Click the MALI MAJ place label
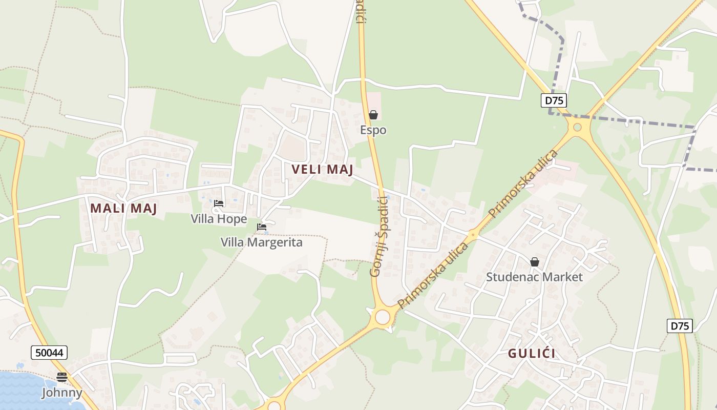[x=123, y=208]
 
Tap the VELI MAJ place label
[x=322, y=169]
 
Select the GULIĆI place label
[x=532, y=353]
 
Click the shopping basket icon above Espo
[x=373, y=115]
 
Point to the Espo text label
[x=373, y=130]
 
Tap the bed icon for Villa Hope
[x=219, y=204]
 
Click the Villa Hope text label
[x=219, y=219]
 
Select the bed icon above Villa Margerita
[x=262, y=227]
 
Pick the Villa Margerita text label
[x=262, y=242]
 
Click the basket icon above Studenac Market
[x=535, y=262]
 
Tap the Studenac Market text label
[x=534, y=277]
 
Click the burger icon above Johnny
[x=62, y=377]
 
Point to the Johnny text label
[x=62, y=393]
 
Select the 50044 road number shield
[x=49, y=353]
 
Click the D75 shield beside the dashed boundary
[x=554, y=100]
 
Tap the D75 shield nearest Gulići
[x=680, y=326]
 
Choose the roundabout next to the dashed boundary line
[x=578, y=127]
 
